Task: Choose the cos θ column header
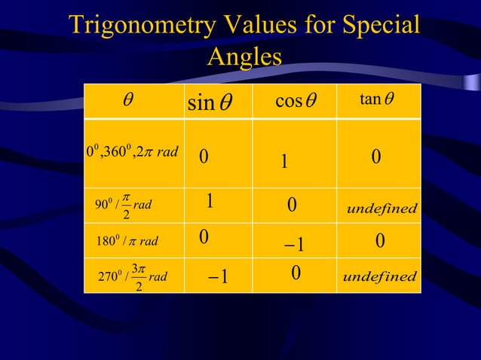[x=294, y=102]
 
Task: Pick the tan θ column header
[x=377, y=100]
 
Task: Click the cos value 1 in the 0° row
[x=284, y=162]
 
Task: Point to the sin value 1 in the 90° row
[x=210, y=201]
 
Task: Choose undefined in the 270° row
[x=379, y=276]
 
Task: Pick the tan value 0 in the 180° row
[x=380, y=241]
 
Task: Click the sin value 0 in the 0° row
[x=204, y=157]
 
